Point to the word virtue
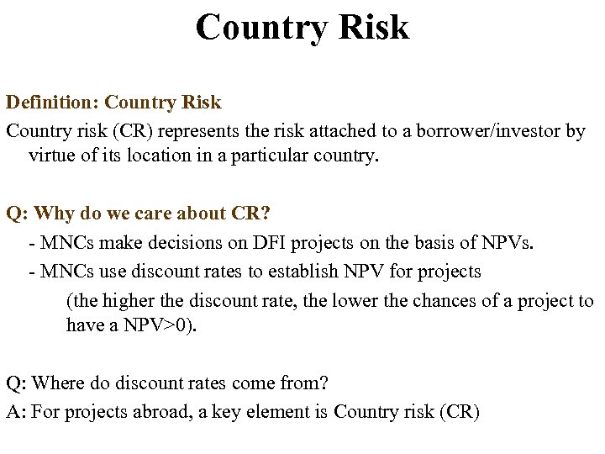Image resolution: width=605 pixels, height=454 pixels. coord(53,156)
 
